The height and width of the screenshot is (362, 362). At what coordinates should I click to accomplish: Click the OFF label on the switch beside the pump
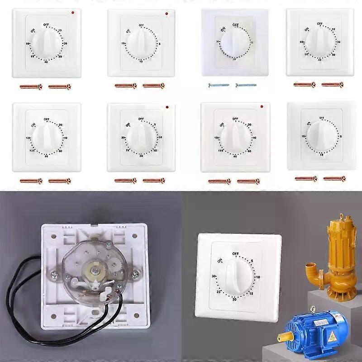(x=235, y=253)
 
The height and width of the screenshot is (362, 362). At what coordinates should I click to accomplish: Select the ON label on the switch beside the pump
(x=220, y=260)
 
